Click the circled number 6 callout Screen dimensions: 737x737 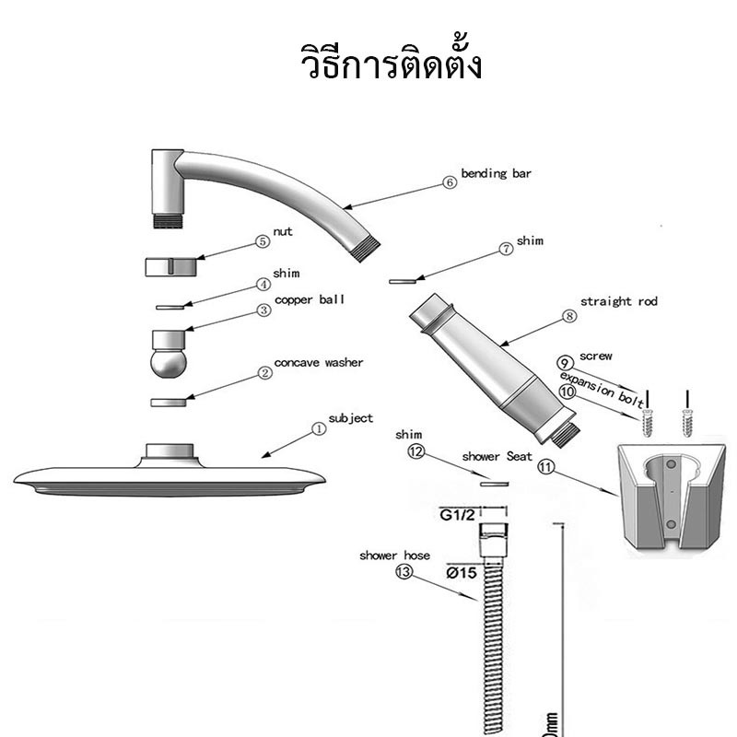pyautogui.click(x=450, y=182)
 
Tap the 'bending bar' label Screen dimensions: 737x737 pyautogui.click(x=496, y=173)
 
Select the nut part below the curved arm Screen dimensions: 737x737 pyautogui.click(x=170, y=266)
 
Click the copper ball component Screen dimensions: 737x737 pyautogui.click(x=169, y=354)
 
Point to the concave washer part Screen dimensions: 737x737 pyautogui.click(x=169, y=403)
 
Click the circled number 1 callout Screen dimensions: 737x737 pyautogui.click(x=319, y=428)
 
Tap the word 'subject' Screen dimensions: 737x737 pyautogui.click(x=351, y=418)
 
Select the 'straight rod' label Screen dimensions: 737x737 pyautogui.click(x=618, y=301)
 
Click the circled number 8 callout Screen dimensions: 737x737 pyautogui.click(x=569, y=316)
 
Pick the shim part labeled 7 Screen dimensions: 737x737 pyautogui.click(x=403, y=281)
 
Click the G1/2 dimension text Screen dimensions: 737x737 pyautogui.click(x=457, y=515)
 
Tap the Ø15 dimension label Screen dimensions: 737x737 pyautogui.click(x=462, y=573)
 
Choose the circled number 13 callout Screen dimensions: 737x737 pyautogui.click(x=404, y=571)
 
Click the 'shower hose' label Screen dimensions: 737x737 pyautogui.click(x=395, y=556)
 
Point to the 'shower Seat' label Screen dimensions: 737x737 pyautogui.click(x=497, y=456)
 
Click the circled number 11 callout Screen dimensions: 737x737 pyautogui.click(x=545, y=467)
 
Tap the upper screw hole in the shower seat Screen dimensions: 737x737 pyautogui.click(x=672, y=464)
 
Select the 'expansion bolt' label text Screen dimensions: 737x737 pyautogui.click(x=602, y=390)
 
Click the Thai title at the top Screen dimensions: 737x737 pyautogui.click(x=391, y=61)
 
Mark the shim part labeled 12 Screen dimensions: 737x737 pyautogui.click(x=495, y=483)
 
